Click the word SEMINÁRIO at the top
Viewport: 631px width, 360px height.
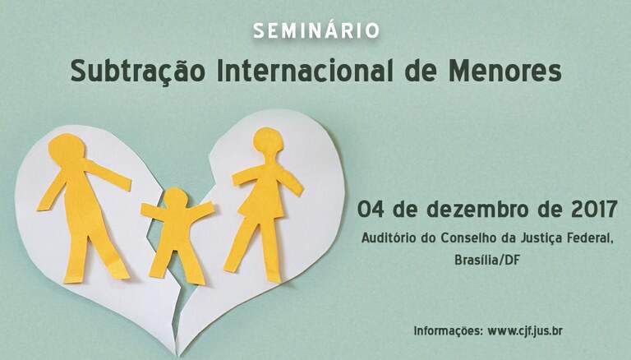316,30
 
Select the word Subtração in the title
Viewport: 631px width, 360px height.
138,71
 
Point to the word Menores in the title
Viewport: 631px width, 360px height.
505,71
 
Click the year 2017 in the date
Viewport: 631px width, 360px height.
594,209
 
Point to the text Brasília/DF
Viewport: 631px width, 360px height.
487,260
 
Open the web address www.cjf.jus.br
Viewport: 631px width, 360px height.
525,331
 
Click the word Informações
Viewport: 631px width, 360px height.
449,331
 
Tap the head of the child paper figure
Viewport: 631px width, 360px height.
176,198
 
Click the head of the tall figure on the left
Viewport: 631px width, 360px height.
67,147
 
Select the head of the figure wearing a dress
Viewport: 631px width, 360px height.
268,140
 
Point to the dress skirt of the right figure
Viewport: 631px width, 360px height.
260,205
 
